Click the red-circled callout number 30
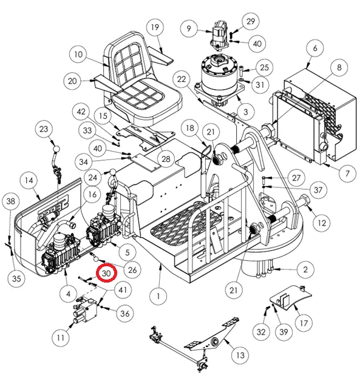coord(106,273)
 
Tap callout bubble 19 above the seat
coord(155,27)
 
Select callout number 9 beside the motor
coord(189,29)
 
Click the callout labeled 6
coord(314,48)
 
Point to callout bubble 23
coord(44,129)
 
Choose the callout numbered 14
coord(29,180)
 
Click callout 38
coord(11,201)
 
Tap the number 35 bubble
coord(16,278)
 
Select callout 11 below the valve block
coord(61,337)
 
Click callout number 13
coord(240,355)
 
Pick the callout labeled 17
coord(304,323)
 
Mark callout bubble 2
coord(305,269)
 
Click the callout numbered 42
coord(81,112)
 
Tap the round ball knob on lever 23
coord(56,149)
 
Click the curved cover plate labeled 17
coord(290,297)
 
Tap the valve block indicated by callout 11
coord(86,310)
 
